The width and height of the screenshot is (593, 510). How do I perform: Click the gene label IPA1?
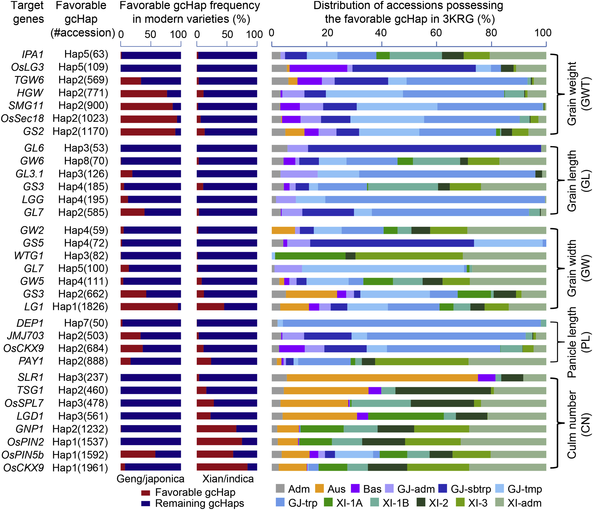coord(33,54)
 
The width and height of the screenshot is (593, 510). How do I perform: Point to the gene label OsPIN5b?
coord(23,455)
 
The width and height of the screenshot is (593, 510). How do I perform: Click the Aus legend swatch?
coord(319,489)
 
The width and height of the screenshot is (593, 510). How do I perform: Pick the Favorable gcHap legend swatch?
coord(146,493)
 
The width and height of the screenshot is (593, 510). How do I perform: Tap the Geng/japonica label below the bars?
coord(151,479)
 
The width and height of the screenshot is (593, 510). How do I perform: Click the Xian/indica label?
coord(228,479)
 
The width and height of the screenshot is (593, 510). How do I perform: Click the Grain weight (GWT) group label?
coord(578,94)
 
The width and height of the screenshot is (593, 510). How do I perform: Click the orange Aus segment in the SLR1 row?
coord(382,378)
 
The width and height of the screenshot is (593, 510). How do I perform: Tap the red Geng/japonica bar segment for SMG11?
coord(147,106)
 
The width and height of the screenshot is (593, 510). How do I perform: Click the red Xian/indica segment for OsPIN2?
coord(219,442)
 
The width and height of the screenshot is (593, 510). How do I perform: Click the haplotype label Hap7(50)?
coord(86,323)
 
